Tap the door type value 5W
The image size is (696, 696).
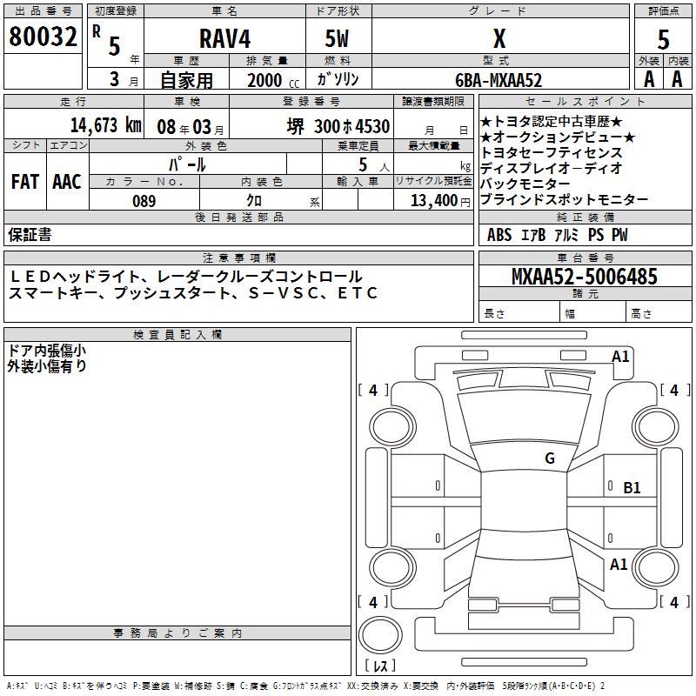pos(338,39)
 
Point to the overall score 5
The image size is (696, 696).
pos(664,38)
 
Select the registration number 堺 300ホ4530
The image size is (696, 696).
pos(338,125)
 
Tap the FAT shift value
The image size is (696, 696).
pos(25,181)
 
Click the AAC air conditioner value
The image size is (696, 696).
pos(67,181)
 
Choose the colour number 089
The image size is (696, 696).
pos(144,201)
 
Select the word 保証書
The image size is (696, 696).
pos(30,234)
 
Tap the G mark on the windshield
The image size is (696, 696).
pos(549,458)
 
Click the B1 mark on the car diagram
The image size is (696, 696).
pos(632,488)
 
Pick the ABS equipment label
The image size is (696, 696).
pos(500,235)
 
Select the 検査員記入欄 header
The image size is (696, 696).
pos(177,334)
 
